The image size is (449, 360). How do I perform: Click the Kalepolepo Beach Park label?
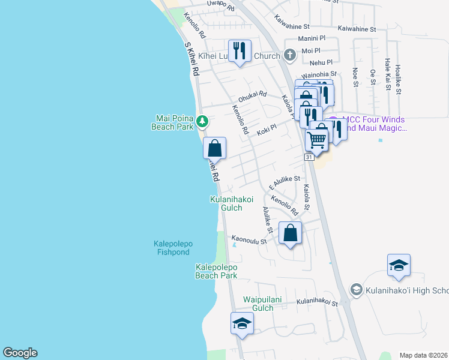[216, 271]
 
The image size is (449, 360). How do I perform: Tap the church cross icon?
[290, 56]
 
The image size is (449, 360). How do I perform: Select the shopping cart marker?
[316, 140]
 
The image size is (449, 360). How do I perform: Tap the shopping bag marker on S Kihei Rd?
[214, 148]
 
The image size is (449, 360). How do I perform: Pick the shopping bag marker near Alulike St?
[290, 233]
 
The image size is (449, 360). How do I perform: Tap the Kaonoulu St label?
[250, 239]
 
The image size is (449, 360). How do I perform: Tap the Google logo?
[20, 353]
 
